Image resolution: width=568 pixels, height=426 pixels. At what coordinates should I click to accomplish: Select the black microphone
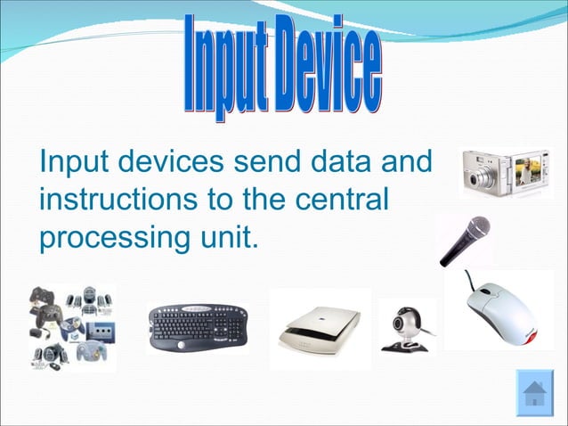click(x=464, y=240)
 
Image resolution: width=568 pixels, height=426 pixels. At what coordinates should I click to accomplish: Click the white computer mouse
click(x=499, y=308)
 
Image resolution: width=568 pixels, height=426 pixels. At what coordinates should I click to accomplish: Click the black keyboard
click(x=198, y=327)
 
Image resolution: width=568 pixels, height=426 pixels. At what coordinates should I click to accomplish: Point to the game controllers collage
click(x=70, y=327)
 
